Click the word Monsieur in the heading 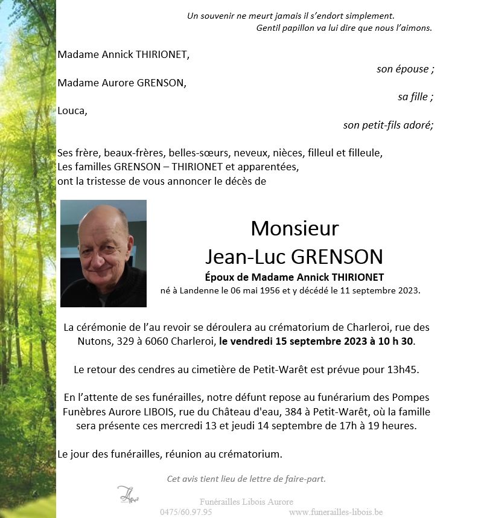click(295, 228)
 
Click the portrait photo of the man click(103, 254)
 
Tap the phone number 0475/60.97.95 click(185, 512)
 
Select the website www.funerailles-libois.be click(336, 512)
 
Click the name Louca click(72, 110)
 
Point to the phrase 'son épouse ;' click(405, 69)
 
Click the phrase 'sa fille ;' click(415, 97)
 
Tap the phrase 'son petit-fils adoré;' click(388, 125)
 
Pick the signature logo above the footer click(127, 494)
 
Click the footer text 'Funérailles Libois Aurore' click(246, 502)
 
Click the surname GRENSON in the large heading click(337, 257)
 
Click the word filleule click(365, 152)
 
